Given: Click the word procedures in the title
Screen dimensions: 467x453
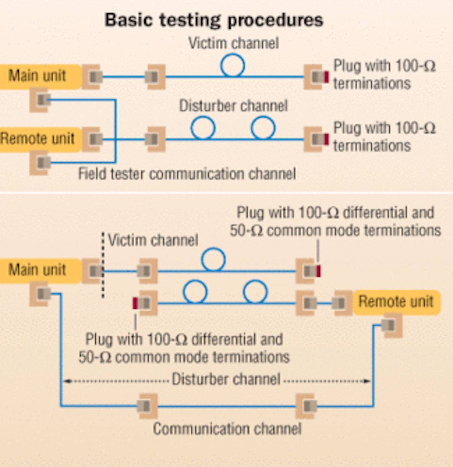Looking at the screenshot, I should (x=275, y=20).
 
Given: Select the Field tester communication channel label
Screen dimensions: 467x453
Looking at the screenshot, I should (x=187, y=174).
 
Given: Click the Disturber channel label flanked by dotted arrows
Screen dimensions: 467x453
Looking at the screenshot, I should (x=226, y=379).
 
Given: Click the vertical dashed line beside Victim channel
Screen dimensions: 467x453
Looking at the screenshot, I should (x=103, y=264).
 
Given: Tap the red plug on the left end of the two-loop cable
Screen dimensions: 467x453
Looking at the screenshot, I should (x=135, y=303).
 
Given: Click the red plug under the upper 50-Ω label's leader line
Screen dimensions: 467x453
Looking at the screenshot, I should (x=318, y=271).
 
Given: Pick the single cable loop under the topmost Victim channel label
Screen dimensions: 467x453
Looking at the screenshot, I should (x=232, y=65).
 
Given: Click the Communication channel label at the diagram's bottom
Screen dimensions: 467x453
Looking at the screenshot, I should (x=227, y=429).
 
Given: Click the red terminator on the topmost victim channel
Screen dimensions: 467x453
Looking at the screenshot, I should (x=327, y=77).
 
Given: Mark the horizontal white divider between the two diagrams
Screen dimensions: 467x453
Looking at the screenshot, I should (x=226, y=192).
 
